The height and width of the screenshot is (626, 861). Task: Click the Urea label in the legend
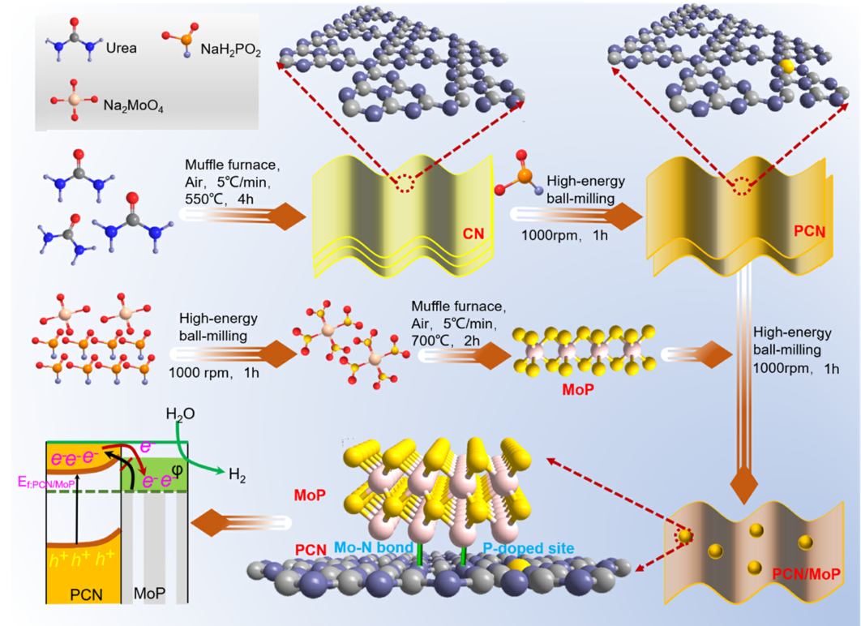[121, 48]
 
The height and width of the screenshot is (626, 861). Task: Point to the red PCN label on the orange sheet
[809, 232]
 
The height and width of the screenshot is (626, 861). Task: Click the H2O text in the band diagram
[180, 414]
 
